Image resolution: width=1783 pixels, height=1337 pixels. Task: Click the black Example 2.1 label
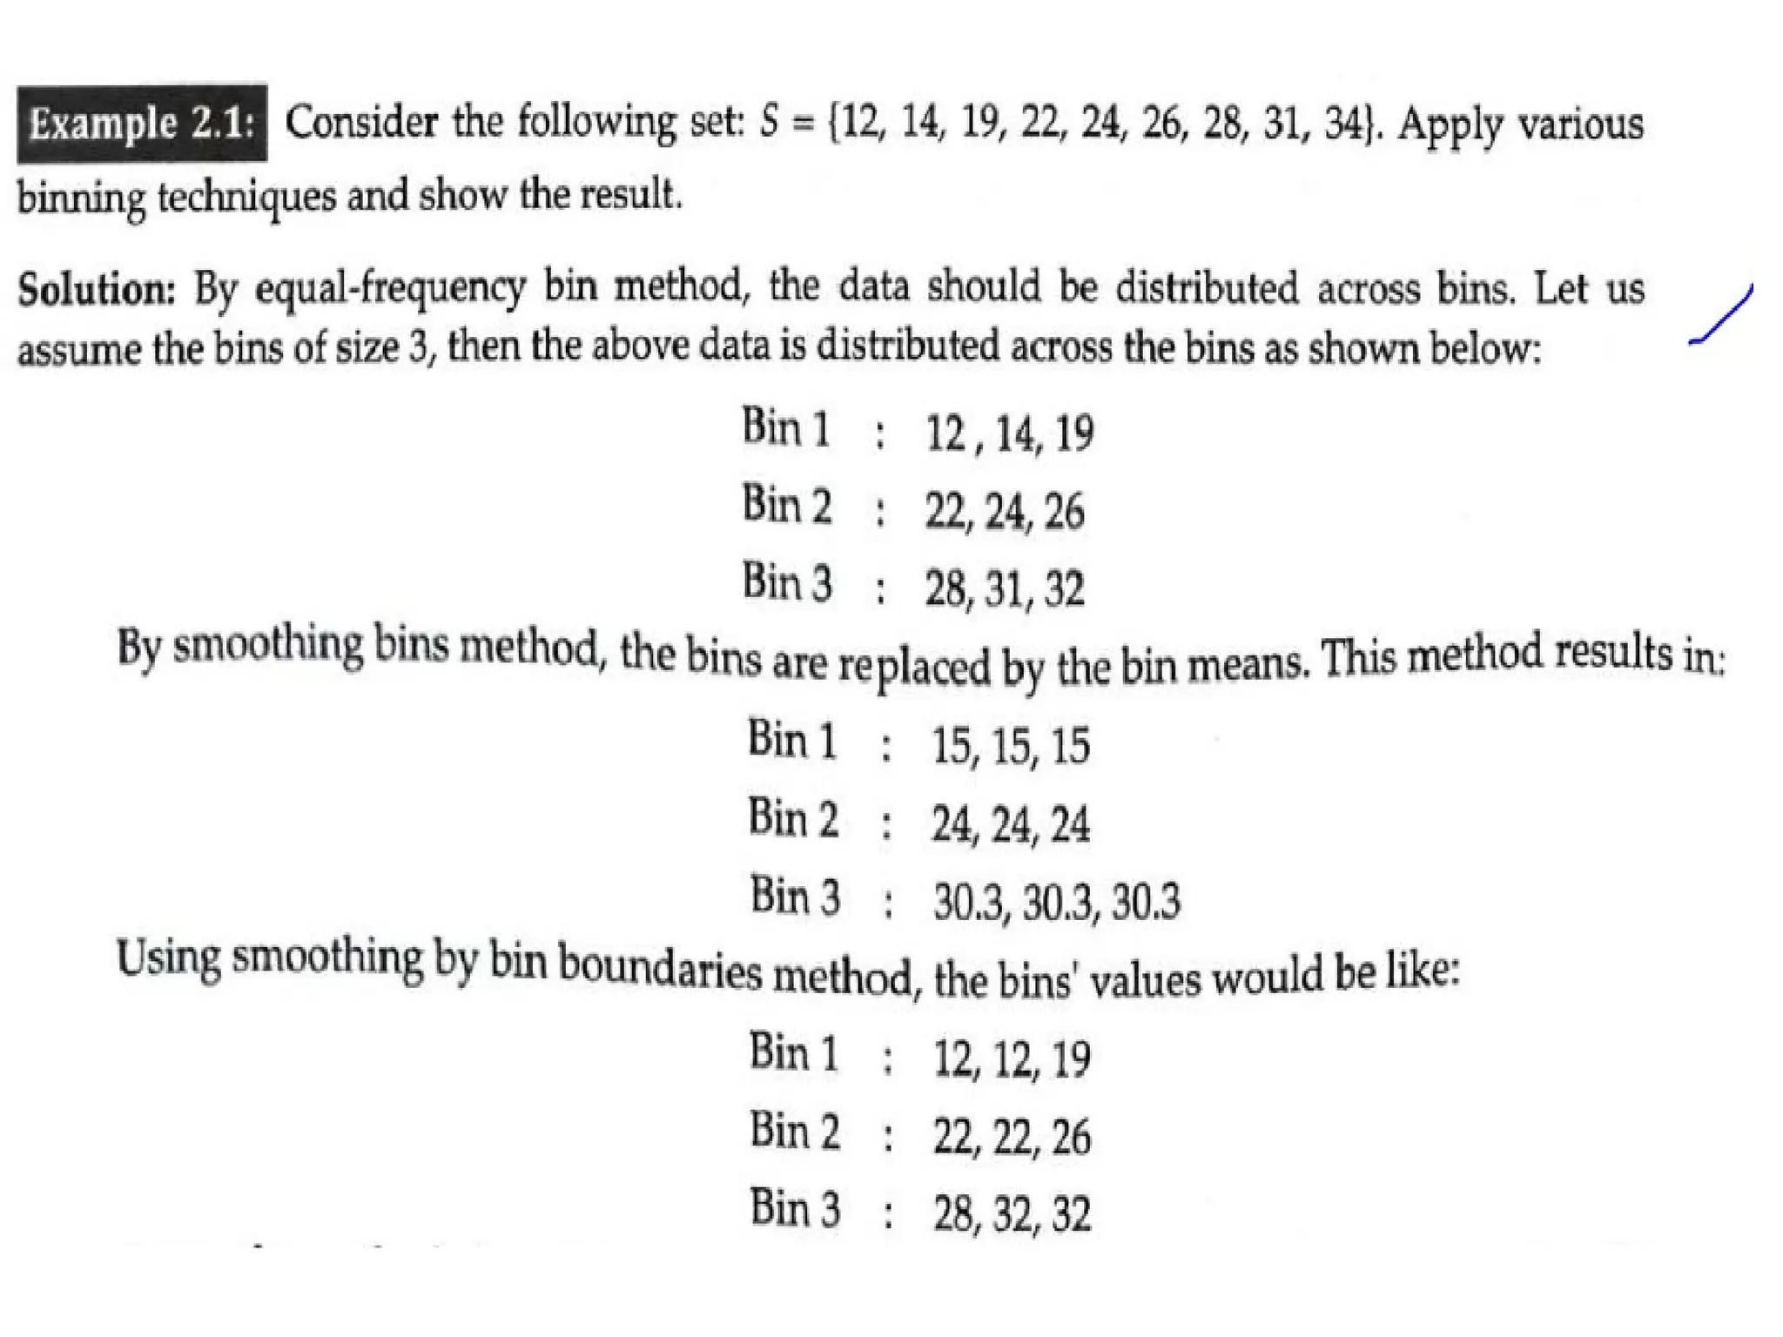point(142,123)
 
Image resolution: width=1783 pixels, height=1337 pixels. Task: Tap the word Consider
point(361,121)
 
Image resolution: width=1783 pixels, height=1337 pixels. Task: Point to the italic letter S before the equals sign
point(768,121)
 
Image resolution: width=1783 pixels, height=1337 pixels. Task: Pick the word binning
point(82,197)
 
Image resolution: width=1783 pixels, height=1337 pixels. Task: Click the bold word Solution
point(97,288)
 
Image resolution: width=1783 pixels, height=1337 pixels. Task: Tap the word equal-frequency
point(390,288)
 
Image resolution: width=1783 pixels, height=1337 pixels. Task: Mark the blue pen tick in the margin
point(1721,315)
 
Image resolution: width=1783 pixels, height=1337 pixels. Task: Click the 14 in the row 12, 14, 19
point(1015,433)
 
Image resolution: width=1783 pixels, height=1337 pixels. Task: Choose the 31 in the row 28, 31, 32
point(1006,589)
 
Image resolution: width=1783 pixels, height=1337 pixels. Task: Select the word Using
point(169,958)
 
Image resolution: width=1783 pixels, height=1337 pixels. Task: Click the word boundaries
point(659,968)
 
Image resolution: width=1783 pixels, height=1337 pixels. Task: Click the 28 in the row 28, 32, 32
point(953,1214)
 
